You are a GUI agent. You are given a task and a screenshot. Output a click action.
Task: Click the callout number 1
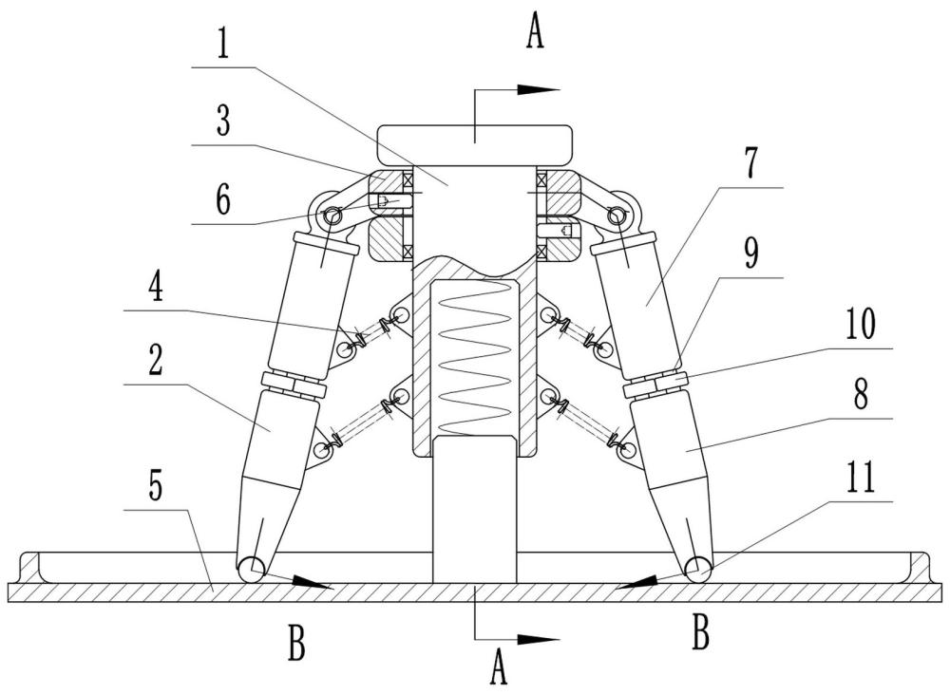tap(223, 43)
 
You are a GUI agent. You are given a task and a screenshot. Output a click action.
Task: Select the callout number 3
tap(223, 122)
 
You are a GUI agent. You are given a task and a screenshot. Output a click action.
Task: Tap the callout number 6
tap(223, 199)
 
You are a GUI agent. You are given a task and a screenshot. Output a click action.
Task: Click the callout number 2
tap(156, 361)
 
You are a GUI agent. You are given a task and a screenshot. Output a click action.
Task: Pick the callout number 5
tap(156, 485)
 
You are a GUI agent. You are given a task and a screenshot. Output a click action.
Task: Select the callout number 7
tap(750, 163)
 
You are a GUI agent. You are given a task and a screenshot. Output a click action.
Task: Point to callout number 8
tap(860, 394)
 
